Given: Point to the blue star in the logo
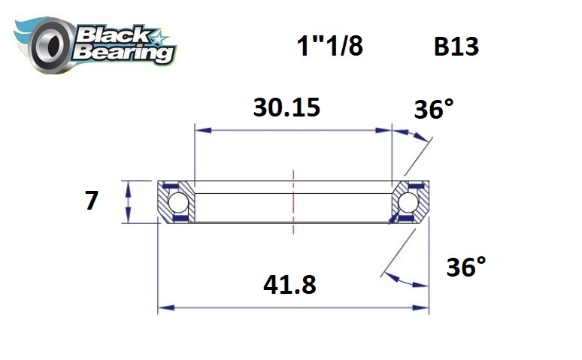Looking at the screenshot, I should tap(159, 38).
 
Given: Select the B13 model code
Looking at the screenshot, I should tap(456, 47).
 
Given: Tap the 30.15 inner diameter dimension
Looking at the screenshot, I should tap(286, 107).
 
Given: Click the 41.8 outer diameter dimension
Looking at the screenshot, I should tap(289, 285).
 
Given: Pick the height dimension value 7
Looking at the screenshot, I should tap(92, 201).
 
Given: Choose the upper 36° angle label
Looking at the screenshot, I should tap(434, 110).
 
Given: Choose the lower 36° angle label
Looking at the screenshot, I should tap(465, 267).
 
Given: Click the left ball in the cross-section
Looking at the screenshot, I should tap(177, 202).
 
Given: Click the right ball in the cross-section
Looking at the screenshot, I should tap(409, 202).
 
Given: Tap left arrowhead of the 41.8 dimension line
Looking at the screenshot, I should tap(162, 307).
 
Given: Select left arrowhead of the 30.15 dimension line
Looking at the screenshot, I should tap(200, 130).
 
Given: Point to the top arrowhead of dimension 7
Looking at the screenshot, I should tap(129, 186).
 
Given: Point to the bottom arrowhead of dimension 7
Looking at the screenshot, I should tap(129, 219).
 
